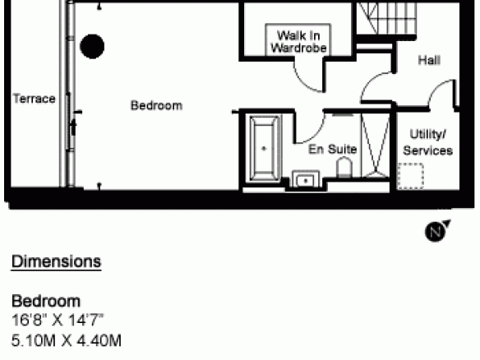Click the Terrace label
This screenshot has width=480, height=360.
click(35, 99)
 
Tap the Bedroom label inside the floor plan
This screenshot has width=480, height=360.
click(156, 105)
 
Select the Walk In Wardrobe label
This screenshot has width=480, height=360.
click(298, 42)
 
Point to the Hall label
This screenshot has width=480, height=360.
click(429, 60)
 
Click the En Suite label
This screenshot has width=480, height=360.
click(332, 149)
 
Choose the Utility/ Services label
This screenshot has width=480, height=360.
click(427, 142)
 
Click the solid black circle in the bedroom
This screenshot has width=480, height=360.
click(92, 46)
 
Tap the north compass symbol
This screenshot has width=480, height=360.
click(437, 231)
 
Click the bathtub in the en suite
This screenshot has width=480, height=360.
click(265, 149)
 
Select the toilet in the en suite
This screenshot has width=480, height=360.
click(344, 167)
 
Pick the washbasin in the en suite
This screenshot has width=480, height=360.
click(306, 179)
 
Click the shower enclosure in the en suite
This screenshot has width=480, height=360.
click(376, 145)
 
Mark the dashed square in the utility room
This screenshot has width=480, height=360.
click(410, 176)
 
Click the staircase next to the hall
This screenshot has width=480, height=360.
click(386, 18)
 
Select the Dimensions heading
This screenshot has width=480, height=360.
click(57, 262)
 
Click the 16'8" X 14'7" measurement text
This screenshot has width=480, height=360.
click(58, 321)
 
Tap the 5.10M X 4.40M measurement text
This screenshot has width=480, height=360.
click(67, 340)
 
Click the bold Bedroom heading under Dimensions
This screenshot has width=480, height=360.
click(46, 301)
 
